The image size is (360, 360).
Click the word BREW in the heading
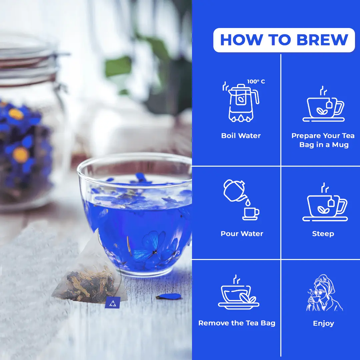point(322,40)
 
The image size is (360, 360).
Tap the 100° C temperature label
point(256,82)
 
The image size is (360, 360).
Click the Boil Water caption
point(241,136)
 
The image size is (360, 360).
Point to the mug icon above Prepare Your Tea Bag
point(323,104)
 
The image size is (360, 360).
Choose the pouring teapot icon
point(241,200)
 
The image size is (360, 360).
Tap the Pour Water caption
point(242,234)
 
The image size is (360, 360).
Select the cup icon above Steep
point(325,202)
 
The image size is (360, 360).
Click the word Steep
point(323,234)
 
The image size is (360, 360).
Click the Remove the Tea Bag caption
point(237,323)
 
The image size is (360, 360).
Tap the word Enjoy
point(323,323)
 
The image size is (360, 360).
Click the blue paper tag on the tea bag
point(113,303)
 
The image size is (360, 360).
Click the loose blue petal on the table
point(169,296)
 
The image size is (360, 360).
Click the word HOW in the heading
point(241,40)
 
